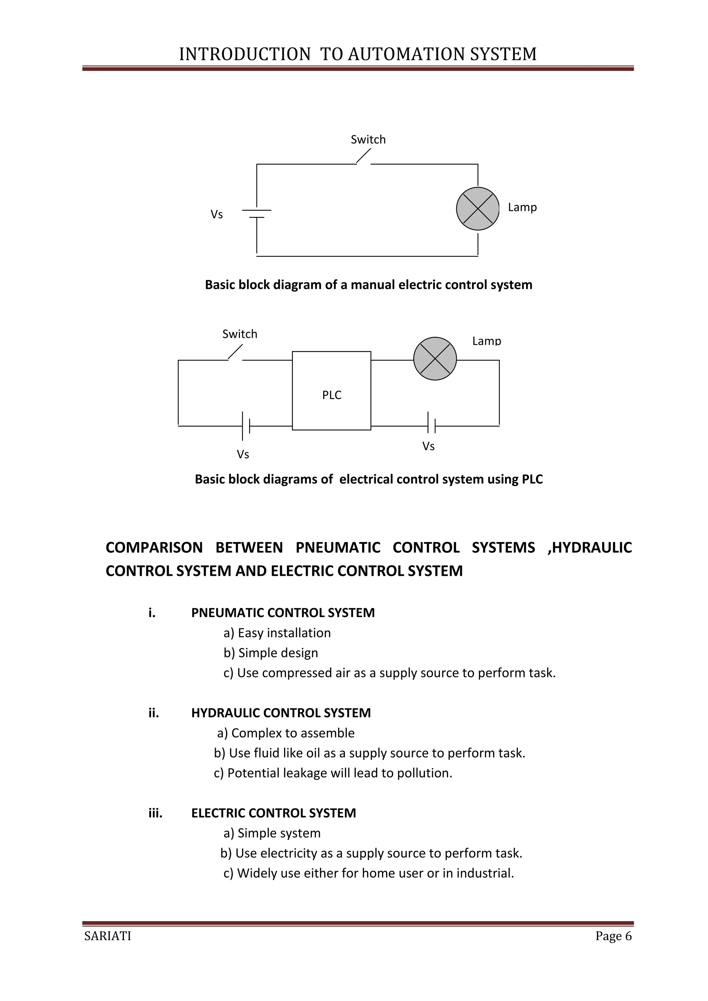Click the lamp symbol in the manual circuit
point(478,209)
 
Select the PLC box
point(331,391)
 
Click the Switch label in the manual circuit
point(369,140)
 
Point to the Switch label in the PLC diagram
point(240,334)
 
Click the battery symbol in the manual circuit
point(257,213)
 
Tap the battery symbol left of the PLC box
point(246,425)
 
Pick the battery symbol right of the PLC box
point(431,423)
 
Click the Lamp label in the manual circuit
point(522,207)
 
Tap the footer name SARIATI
point(108,936)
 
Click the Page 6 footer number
point(613,936)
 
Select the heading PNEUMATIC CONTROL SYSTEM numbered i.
point(283,612)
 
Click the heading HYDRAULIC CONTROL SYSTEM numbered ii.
point(281,713)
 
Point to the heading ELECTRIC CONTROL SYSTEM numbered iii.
point(273,813)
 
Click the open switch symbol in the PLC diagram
point(235,353)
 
